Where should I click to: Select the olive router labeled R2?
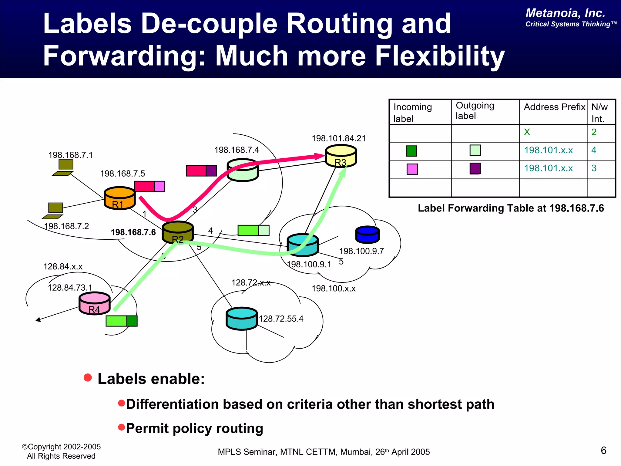point(178,232)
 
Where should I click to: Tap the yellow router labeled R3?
point(341,156)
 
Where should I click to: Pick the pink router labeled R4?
point(94,303)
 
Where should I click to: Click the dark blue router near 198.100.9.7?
point(368,235)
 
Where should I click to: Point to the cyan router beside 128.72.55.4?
point(242,318)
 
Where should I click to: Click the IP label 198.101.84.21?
point(339,138)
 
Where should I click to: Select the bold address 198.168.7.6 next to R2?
point(133,232)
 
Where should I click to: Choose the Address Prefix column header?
point(554,107)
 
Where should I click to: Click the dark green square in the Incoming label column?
point(411,151)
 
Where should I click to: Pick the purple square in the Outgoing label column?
point(475,168)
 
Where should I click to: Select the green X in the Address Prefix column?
point(527,132)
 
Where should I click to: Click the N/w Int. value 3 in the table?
point(594,168)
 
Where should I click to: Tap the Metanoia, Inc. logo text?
point(565,13)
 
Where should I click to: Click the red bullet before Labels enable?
point(88,378)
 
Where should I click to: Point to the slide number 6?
point(603,450)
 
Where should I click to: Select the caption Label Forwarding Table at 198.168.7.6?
point(511,208)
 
